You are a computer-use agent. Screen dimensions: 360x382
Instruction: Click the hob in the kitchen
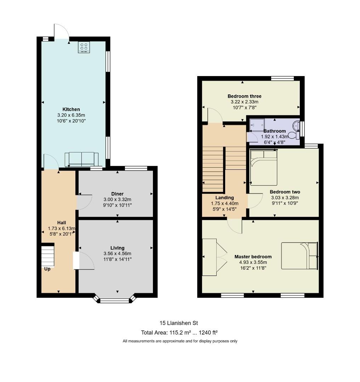(84, 47)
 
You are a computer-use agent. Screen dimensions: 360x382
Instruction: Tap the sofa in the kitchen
(82, 159)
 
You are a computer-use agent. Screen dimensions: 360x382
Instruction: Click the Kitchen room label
(71, 109)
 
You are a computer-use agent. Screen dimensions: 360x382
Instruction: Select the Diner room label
(118, 194)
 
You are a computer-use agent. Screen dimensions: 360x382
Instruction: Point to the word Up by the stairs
(47, 269)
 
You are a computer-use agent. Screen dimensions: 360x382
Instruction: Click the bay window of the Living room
(115, 300)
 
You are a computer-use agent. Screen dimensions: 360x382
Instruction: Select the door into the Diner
(84, 202)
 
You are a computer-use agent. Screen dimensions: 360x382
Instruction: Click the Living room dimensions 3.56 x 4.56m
(118, 254)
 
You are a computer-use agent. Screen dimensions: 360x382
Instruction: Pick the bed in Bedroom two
(264, 168)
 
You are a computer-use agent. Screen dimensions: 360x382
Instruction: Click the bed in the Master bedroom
(299, 256)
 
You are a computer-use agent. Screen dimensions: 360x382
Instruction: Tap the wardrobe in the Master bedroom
(215, 257)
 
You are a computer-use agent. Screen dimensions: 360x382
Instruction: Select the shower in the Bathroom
(257, 125)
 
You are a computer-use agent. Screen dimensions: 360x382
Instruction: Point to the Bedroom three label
(245, 96)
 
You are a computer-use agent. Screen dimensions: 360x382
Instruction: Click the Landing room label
(224, 198)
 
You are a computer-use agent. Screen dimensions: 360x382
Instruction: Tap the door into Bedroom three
(215, 115)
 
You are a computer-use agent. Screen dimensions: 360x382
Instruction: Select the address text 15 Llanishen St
(179, 323)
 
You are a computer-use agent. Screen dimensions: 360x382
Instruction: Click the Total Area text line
(179, 332)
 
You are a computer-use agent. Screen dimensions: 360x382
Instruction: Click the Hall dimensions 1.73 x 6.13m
(62, 228)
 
